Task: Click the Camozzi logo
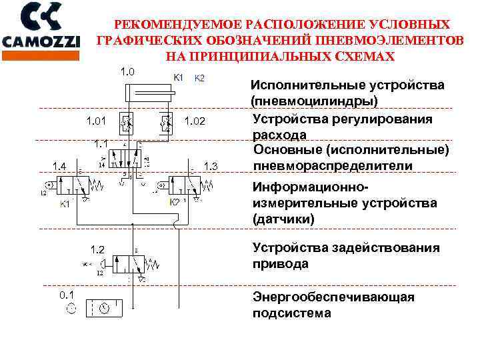click(41, 27)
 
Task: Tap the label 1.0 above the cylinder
click(127, 71)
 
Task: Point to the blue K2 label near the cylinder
click(199, 78)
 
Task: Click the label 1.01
click(96, 121)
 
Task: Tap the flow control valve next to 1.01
click(125, 122)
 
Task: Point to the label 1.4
click(60, 165)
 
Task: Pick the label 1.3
click(211, 165)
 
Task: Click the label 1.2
click(98, 250)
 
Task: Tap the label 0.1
click(67, 293)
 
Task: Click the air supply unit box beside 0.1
click(105, 308)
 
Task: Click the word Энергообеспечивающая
click(333, 297)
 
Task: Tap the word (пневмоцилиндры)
click(314, 101)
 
